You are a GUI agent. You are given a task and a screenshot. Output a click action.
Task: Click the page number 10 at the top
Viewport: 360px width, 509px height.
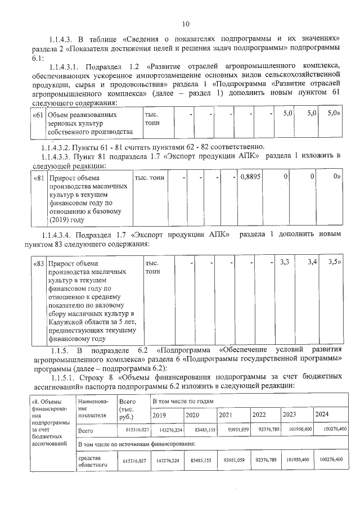click(x=186, y=24)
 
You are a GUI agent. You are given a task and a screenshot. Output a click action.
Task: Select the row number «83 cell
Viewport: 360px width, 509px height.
click(x=37, y=263)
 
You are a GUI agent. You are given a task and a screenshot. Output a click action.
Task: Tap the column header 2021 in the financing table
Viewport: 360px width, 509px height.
click(x=226, y=415)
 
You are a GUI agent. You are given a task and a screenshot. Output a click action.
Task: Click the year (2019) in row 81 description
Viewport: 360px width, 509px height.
click(x=59, y=219)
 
